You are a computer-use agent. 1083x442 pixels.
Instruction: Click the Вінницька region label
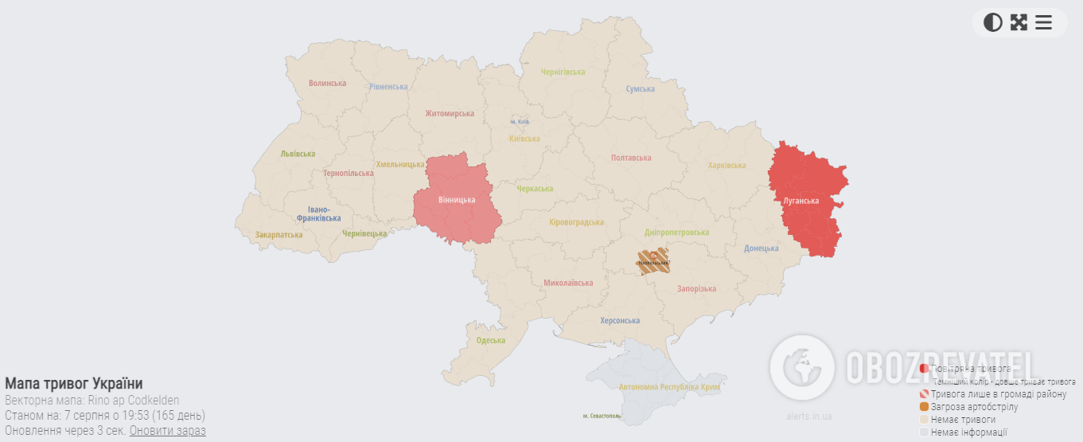pyautogui.click(x=457, y=200)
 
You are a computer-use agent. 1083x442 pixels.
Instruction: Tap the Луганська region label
pyautogui.click(x=801, y=201)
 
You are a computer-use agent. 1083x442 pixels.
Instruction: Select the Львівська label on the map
pyautogui.click(x=298, y=155)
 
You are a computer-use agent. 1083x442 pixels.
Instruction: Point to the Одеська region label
pyautogui.click(x=490, y=341)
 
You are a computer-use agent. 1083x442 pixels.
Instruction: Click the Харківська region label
pyautogui.click(x=727, y=166)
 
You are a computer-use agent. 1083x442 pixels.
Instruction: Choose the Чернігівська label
pyautogui.click(x=563, y=72)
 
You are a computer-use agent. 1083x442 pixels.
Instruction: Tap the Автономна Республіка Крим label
pyautogui.click(x=669, y=387)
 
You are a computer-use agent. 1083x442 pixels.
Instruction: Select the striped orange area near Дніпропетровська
pyautogui.click(x=653, y=260)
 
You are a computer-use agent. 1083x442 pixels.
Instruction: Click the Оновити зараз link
pyautogui.click(x=167, y=430)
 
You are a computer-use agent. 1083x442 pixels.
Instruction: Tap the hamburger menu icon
pyautogui.click(x=1043, y=22)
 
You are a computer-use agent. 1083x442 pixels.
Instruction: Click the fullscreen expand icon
pyautogui.click(x=1019, y=22)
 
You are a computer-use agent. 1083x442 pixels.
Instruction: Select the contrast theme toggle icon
pyautogui.click(x=992, y=22)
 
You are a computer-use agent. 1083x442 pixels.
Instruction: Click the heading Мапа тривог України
pyautogui.click(x=74, y=383)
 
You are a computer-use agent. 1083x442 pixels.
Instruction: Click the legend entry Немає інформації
pyautogui.click(x=968, y=432)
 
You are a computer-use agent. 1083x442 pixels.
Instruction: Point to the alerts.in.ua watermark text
pyautogui.click(x=808, y=417)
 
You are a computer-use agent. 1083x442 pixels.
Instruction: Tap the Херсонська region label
pyautogui.click(x=620, y=321)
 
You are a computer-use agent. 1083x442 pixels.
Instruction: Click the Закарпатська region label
pyautogui.click(x=279, y=235)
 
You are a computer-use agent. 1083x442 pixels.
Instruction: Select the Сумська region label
pyautogui.click(x=640, y=89)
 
